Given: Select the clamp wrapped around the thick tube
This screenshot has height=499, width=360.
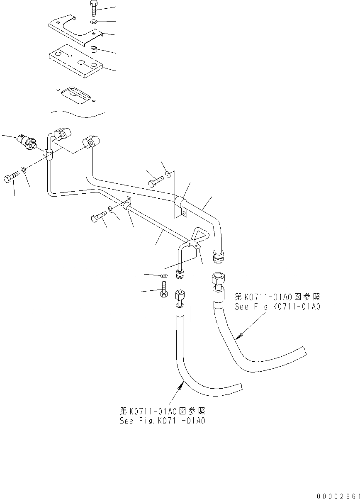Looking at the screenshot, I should pos(180,202).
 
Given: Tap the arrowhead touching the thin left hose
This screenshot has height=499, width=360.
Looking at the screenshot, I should pos(181,385).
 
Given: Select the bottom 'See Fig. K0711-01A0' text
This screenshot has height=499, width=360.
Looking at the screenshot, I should pos(162,421).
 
